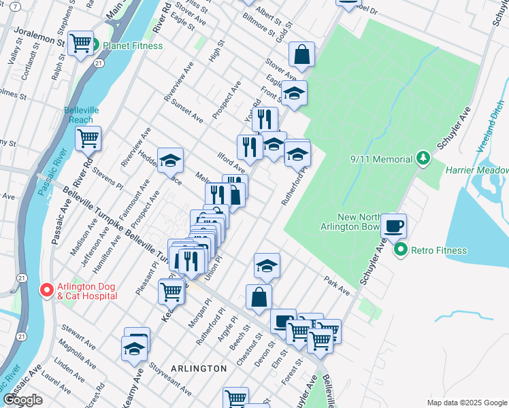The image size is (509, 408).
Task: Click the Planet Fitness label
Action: pyautogui.click(x=132, y=46)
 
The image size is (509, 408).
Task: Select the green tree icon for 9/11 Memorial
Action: pyautogui.click(x=423, y=158)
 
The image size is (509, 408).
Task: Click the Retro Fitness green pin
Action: pyautogui.click(x=401, y=250)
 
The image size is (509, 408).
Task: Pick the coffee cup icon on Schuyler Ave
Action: pyautogui.click(x=394, y=225)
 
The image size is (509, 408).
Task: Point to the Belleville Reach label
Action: pyautogui.click(x=81, y=115)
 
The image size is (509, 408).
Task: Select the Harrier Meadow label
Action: pyautogui.click(x=477, y=170)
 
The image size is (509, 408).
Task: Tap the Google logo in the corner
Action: pyautogui.click(x=22, y=400)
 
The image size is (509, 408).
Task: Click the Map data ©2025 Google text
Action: pyautogui.click(x=466, y=402)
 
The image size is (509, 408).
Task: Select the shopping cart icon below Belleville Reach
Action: pyautogui.click(x=88, y=138)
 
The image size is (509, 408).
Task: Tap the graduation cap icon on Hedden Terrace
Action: pyautogui.click(x=170, y=160)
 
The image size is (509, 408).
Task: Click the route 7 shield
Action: pyautogui.click(x=16, y=6)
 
